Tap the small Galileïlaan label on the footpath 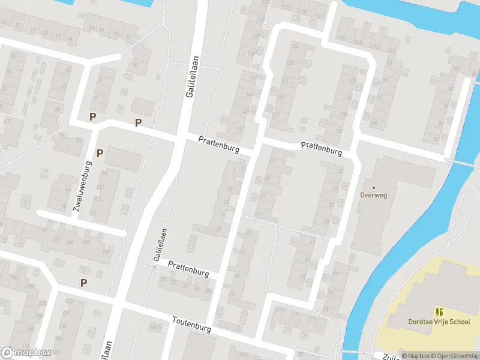point(158,245)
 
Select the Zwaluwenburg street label point(82,186)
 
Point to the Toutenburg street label point(193,325)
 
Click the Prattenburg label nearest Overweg point(321,149)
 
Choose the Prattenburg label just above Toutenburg point(188,269)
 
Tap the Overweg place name point(374,194)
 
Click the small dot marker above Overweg point(374,188)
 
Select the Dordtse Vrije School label point(439,322)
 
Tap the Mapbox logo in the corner point(25,352)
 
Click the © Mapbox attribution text point(415,356)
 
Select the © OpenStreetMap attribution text point(454,356)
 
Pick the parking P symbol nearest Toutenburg point(83,283)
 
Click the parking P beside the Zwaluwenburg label point(100,153)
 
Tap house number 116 point(342,38)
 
